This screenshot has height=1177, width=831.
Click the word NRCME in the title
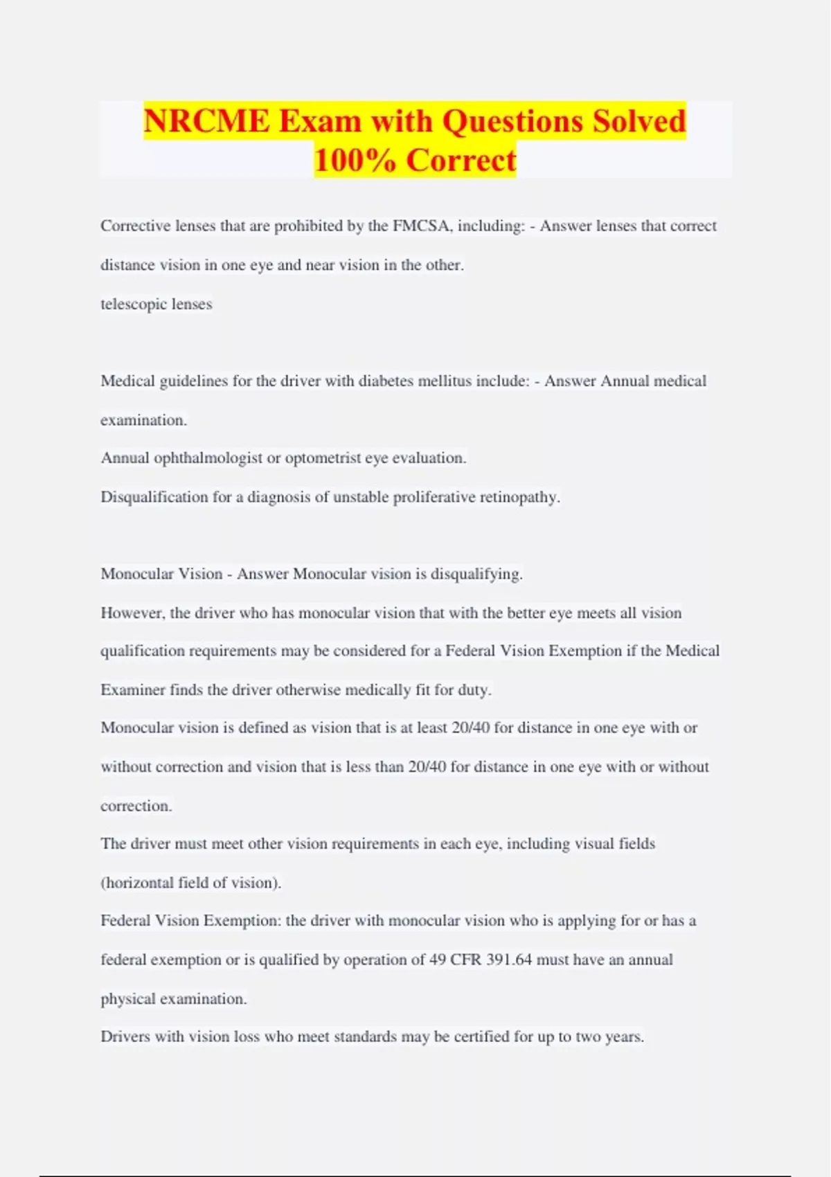[x=206, y=121]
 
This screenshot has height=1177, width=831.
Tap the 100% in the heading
[x=355, y=160]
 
